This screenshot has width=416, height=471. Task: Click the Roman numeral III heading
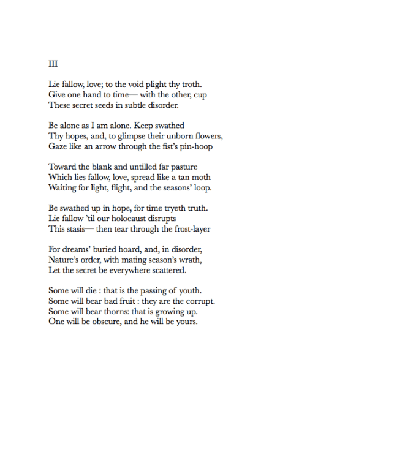pos(53,63)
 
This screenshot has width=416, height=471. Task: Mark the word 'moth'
pos(200,178)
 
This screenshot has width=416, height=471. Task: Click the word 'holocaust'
pos(140,219)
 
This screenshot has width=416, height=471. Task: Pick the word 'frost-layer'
pos(189,230)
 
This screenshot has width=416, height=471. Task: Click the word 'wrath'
pos(190,260)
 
